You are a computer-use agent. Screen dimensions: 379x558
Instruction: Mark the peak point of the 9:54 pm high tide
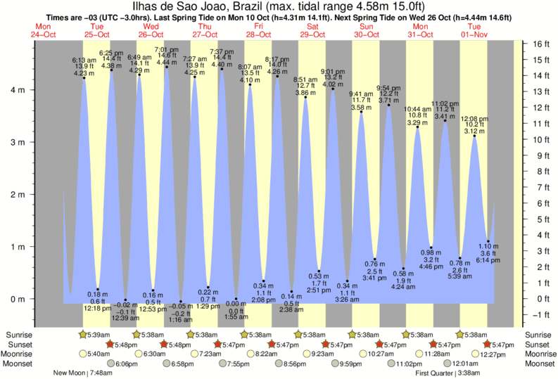pos(389,105)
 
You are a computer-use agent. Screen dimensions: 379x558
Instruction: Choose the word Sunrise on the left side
pos(20,334)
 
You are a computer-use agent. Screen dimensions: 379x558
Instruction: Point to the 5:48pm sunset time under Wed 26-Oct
pos(182,345)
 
